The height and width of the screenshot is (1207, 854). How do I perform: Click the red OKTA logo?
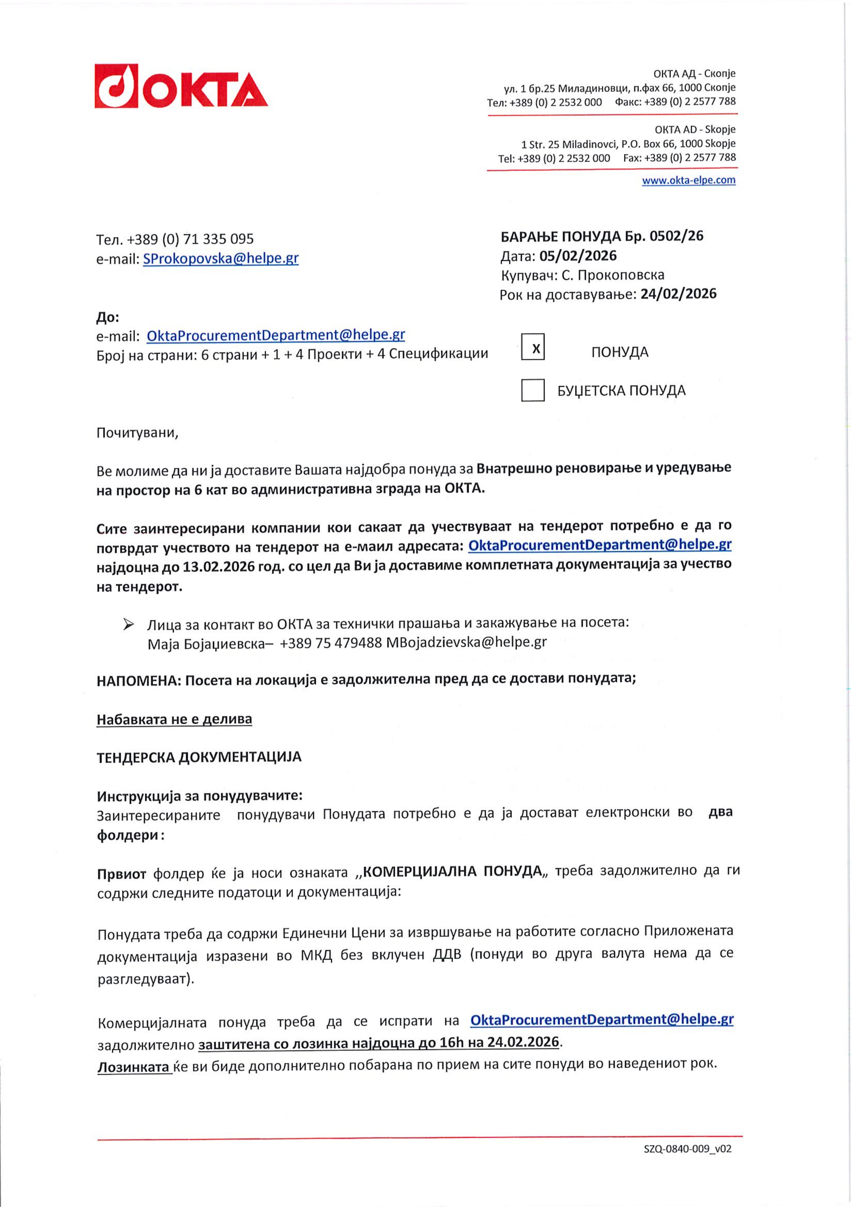click(181, 87)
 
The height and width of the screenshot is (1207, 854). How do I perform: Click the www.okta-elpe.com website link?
click(688, 180)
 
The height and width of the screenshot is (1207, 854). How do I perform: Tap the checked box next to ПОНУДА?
click(533, 347)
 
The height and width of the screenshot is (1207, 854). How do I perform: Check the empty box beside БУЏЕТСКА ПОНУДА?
click(533, 390)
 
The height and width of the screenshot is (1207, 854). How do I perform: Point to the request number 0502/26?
click(676, 236)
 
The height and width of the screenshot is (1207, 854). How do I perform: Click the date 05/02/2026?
click(578, 256)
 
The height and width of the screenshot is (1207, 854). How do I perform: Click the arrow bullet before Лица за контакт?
click(128, 624)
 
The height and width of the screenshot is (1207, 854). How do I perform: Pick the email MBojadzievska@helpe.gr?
click(466, 642)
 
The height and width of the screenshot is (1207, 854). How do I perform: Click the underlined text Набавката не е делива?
click(174, 719)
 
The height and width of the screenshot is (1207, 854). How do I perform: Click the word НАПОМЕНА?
click(138, 681)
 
